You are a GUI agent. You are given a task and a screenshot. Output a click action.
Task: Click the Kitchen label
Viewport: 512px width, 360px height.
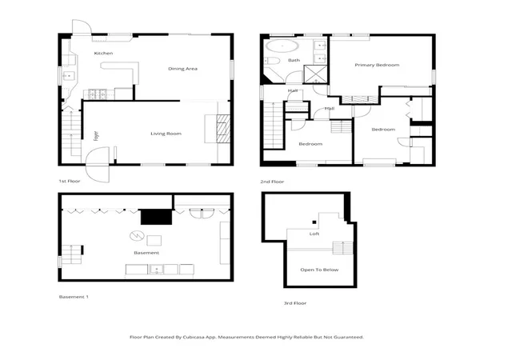click(x=103, y=54)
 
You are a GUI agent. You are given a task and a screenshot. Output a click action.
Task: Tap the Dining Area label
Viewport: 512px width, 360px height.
click(x=182, y=69)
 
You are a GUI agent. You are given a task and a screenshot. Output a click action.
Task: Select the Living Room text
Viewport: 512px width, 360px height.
click(x=166, y=134)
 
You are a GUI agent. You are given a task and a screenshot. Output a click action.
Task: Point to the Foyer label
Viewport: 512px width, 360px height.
click(x=96, y=136)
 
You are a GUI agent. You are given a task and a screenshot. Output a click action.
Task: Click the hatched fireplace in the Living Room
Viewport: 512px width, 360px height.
click(x=223, y=128)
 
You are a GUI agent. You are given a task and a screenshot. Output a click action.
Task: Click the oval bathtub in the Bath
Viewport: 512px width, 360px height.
click(x=282, y=46)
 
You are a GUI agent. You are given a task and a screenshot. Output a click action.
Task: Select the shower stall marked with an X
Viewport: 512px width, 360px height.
click(x=315, y=74)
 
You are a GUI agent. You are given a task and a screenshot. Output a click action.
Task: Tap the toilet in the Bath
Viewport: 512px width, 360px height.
click(x=272, y=61)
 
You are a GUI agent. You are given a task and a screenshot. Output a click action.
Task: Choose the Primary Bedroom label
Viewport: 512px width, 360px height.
click(x=377, y=65)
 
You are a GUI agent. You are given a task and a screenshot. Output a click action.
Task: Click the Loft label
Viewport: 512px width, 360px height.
click(x=314, y=234)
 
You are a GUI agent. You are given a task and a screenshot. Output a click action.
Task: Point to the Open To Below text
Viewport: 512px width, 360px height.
click(x=319, y=270)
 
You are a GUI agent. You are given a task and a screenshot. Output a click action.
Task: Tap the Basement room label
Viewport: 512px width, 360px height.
click(x=146, y=253)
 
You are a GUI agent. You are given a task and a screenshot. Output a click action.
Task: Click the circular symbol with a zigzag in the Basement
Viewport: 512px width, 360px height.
click(x=137, y=235)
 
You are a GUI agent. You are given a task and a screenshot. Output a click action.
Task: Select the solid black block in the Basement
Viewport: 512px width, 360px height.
click(x=157, y=217)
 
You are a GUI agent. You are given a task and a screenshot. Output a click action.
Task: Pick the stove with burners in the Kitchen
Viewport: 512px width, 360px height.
click(x=95, y=94)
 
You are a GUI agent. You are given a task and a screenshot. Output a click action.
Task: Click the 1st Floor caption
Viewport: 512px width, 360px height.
click(x=70, y=181)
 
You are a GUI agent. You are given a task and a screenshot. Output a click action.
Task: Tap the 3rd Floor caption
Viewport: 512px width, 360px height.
click(x=295, y=303)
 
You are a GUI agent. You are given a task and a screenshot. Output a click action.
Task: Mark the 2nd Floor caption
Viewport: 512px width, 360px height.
click(x=272, y=182)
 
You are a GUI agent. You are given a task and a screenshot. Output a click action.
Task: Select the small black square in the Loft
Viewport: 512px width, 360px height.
click(x=314, y=222)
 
